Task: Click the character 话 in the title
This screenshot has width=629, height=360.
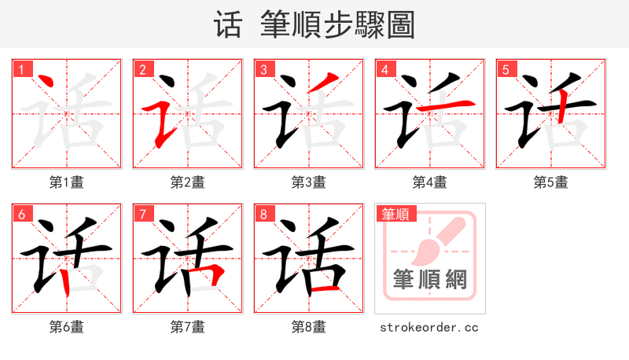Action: pos(227,25)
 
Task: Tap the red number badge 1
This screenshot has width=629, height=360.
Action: pos(20,70)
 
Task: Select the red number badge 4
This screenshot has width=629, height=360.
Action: pos(384,70)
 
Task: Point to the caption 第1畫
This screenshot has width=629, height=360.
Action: pos(67,182)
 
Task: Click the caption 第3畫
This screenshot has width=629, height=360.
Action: pos(309,182)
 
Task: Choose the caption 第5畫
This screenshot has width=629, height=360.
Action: pos(550,182)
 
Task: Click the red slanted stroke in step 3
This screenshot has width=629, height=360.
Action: pos(326,83)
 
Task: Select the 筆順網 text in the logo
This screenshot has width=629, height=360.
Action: pos(430,279)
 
